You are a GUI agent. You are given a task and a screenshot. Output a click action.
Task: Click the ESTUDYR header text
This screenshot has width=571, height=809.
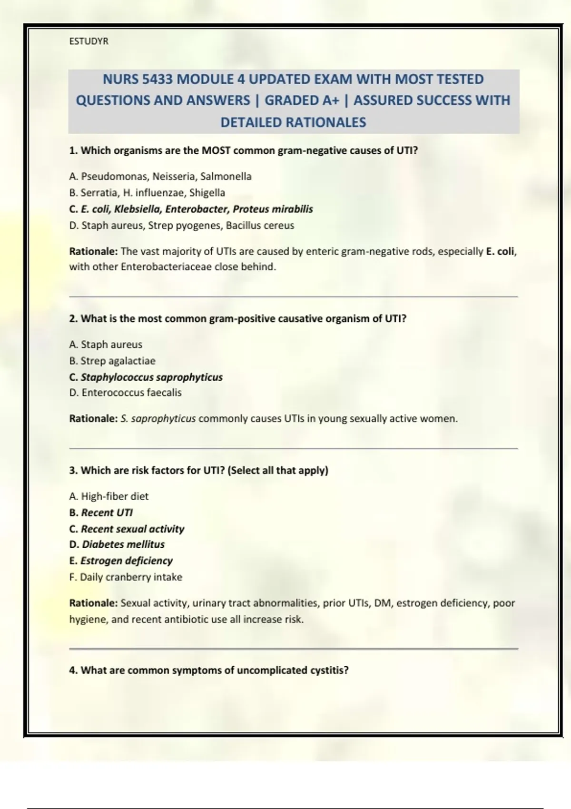[x=89, y=41]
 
